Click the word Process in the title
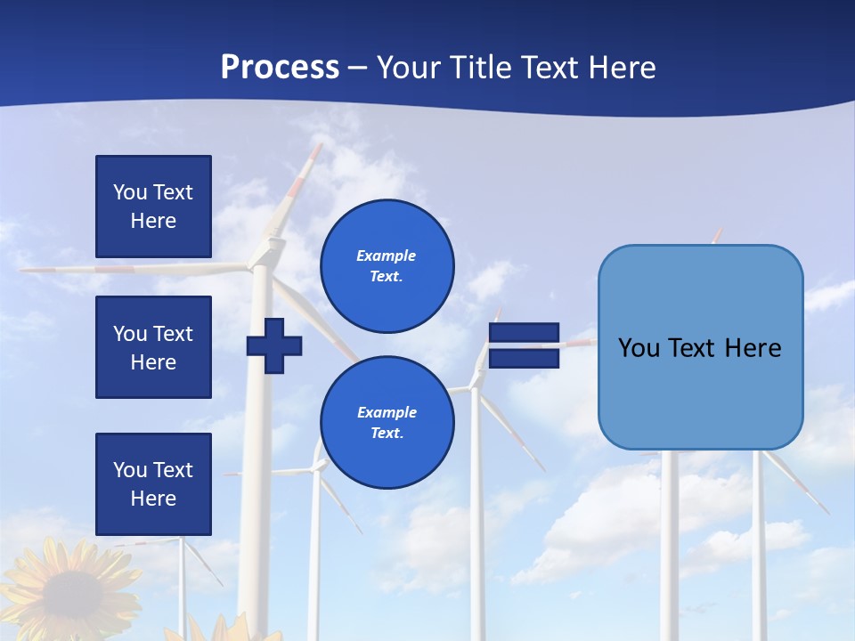coord(280,68)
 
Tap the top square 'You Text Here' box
coord(153,207)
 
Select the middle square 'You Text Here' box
coord(153,347)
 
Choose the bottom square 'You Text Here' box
coord(153,484)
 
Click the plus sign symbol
coord(274,346)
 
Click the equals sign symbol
coord(524,345)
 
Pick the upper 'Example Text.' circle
coord(387,265)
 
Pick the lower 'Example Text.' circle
coord(387,422)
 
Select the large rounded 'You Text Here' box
coord(700,347)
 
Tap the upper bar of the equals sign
coord(524,333)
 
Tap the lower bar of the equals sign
coord(524,358)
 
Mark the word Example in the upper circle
coord(387,256)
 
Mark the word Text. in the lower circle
coord(387,434)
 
